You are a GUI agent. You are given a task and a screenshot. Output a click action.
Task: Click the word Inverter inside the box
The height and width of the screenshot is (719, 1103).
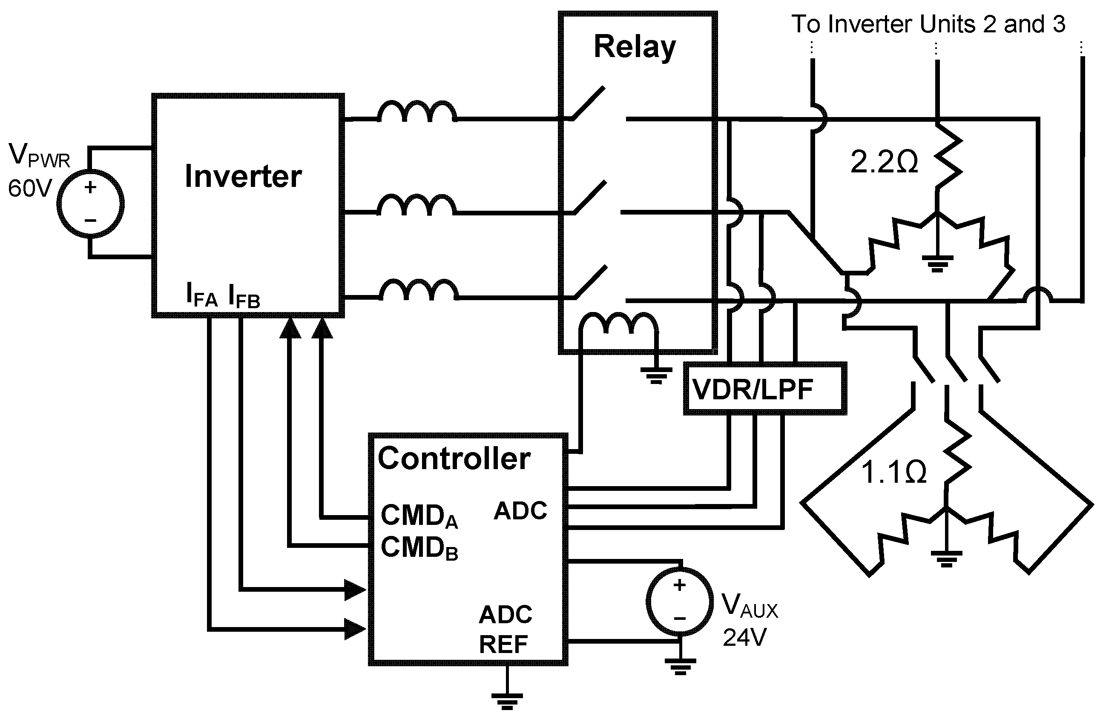243,176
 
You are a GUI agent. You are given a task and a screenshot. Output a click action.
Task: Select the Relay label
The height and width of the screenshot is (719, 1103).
635,47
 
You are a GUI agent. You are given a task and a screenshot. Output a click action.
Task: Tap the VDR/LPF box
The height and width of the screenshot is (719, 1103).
765,388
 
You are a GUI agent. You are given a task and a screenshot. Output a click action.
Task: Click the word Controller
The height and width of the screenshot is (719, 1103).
454,458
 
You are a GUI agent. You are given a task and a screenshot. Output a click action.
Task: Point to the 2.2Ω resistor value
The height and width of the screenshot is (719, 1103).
884,162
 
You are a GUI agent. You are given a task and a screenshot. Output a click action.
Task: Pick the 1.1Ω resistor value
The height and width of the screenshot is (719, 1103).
893,472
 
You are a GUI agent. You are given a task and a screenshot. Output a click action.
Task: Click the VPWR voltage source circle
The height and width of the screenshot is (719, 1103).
90,204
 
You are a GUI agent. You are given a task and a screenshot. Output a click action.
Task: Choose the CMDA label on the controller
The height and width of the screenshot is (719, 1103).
419,516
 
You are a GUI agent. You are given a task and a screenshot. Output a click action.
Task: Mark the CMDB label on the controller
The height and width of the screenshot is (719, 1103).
419,547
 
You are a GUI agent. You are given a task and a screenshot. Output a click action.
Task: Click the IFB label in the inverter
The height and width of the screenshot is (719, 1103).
244,295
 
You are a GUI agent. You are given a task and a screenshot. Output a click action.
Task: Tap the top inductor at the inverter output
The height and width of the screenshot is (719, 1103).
417,111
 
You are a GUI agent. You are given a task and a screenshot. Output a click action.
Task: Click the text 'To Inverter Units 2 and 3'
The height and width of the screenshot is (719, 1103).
928,24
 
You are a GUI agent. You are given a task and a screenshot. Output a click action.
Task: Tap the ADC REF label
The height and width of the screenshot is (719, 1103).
505,629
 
